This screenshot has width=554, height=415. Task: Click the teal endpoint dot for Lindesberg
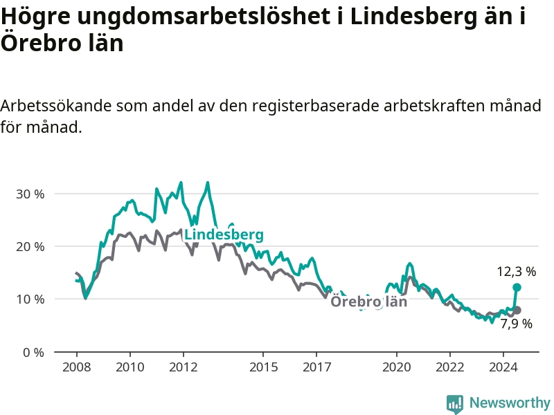point(517,288)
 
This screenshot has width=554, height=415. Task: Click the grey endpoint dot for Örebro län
point(517,311)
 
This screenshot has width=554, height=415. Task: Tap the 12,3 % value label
point(516,272)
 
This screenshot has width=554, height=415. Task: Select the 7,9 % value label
point(516,324)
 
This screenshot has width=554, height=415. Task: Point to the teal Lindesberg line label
point(224,234)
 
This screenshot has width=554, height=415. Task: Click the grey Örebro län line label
point(369,302)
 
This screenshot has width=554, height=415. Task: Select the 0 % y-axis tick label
point(33,352)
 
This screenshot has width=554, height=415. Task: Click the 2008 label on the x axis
point(77,367)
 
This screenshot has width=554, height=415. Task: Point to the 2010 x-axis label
point(130,367)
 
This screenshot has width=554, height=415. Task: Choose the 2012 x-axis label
point(183,367)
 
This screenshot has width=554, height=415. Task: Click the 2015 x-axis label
point(263,367)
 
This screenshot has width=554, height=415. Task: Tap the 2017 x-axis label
point(316,367)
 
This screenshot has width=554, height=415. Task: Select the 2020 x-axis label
point(396,367)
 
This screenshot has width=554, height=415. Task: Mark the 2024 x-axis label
point(503,367)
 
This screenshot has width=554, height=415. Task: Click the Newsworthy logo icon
point(455,404)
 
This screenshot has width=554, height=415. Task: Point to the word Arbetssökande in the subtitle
point(56,106)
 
